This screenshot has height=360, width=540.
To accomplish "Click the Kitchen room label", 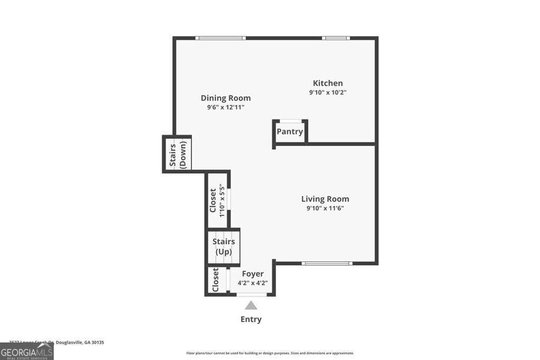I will click(327, 83).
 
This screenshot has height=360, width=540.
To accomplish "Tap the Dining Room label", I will click(226, 98).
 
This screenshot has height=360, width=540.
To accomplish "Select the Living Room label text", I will click(325, 199).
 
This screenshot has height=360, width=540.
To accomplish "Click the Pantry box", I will click(290, 132).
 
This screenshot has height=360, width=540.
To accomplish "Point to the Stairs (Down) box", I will click(177, 154).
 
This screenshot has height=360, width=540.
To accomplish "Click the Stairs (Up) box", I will click(224, 247).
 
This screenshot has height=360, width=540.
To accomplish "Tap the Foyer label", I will click(253, 274).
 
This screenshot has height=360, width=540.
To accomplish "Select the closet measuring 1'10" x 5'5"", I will click(217, 200).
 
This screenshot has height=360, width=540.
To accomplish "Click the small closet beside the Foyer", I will click(216, 280).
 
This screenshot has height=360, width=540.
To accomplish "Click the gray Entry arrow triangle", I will click(251, 305).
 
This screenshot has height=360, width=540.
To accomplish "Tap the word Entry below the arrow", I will click(251, 319).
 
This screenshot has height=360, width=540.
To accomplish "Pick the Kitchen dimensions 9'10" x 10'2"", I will click(327, 93).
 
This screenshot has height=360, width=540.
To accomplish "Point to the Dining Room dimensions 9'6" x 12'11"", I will click(226, 108).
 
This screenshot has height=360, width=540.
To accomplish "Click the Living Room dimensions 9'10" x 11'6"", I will click(325, 208).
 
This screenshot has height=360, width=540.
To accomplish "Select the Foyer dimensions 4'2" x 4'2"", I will click(253, 283).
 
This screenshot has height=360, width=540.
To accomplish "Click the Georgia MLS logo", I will click(26, 351).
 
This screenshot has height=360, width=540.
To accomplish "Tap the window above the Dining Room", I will click(220, 38).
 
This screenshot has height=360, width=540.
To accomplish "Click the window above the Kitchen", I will click(336, 38).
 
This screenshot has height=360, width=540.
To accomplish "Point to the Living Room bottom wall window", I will click(327, 263).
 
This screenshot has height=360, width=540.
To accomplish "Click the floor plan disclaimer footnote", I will click(270, 353).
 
